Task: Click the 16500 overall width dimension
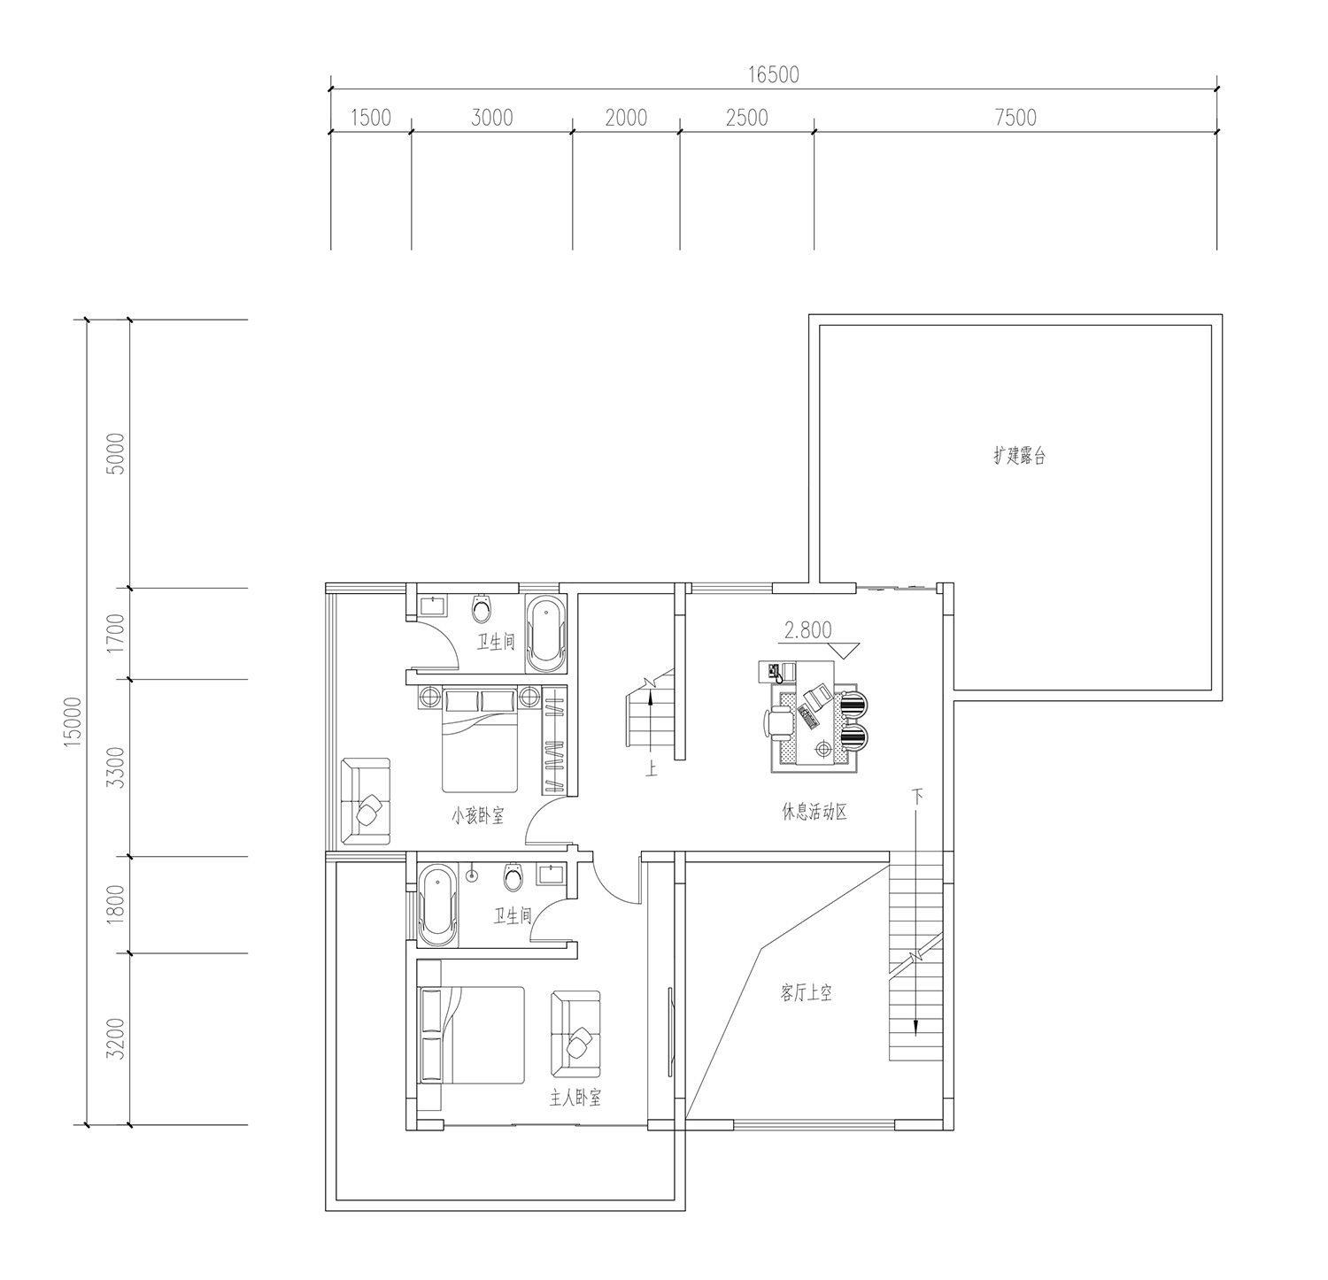(x=773, y=74)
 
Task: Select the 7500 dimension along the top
(x=1015, y=118)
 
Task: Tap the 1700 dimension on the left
(x=115, y=634)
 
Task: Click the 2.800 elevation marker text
(x=807, y=630)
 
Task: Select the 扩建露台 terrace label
(x=1020, y=457)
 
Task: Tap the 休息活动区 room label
(x=815, y=812)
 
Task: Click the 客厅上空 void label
(x=806, y=993)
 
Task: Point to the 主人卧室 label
(x=575, y=1099)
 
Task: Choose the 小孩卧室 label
(x=477, y=816)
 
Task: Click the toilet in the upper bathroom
(x=482, y=607)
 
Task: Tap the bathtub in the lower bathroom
(x=438, y=906)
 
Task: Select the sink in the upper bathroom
(x=433, y=606)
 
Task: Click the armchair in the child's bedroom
(x=366, y=801)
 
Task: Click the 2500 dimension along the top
(x=746, y=118)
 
